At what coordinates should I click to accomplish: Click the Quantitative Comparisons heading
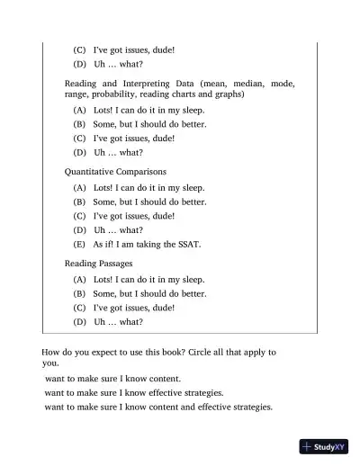coord(114,170)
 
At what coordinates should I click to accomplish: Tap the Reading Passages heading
coord(98,263)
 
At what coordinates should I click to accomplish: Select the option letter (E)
coord(79,244)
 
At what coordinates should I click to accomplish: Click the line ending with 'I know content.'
coord(112,379)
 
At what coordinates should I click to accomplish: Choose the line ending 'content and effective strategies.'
coord(158,408)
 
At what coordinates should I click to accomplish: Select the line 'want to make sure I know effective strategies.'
coord(134,393)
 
